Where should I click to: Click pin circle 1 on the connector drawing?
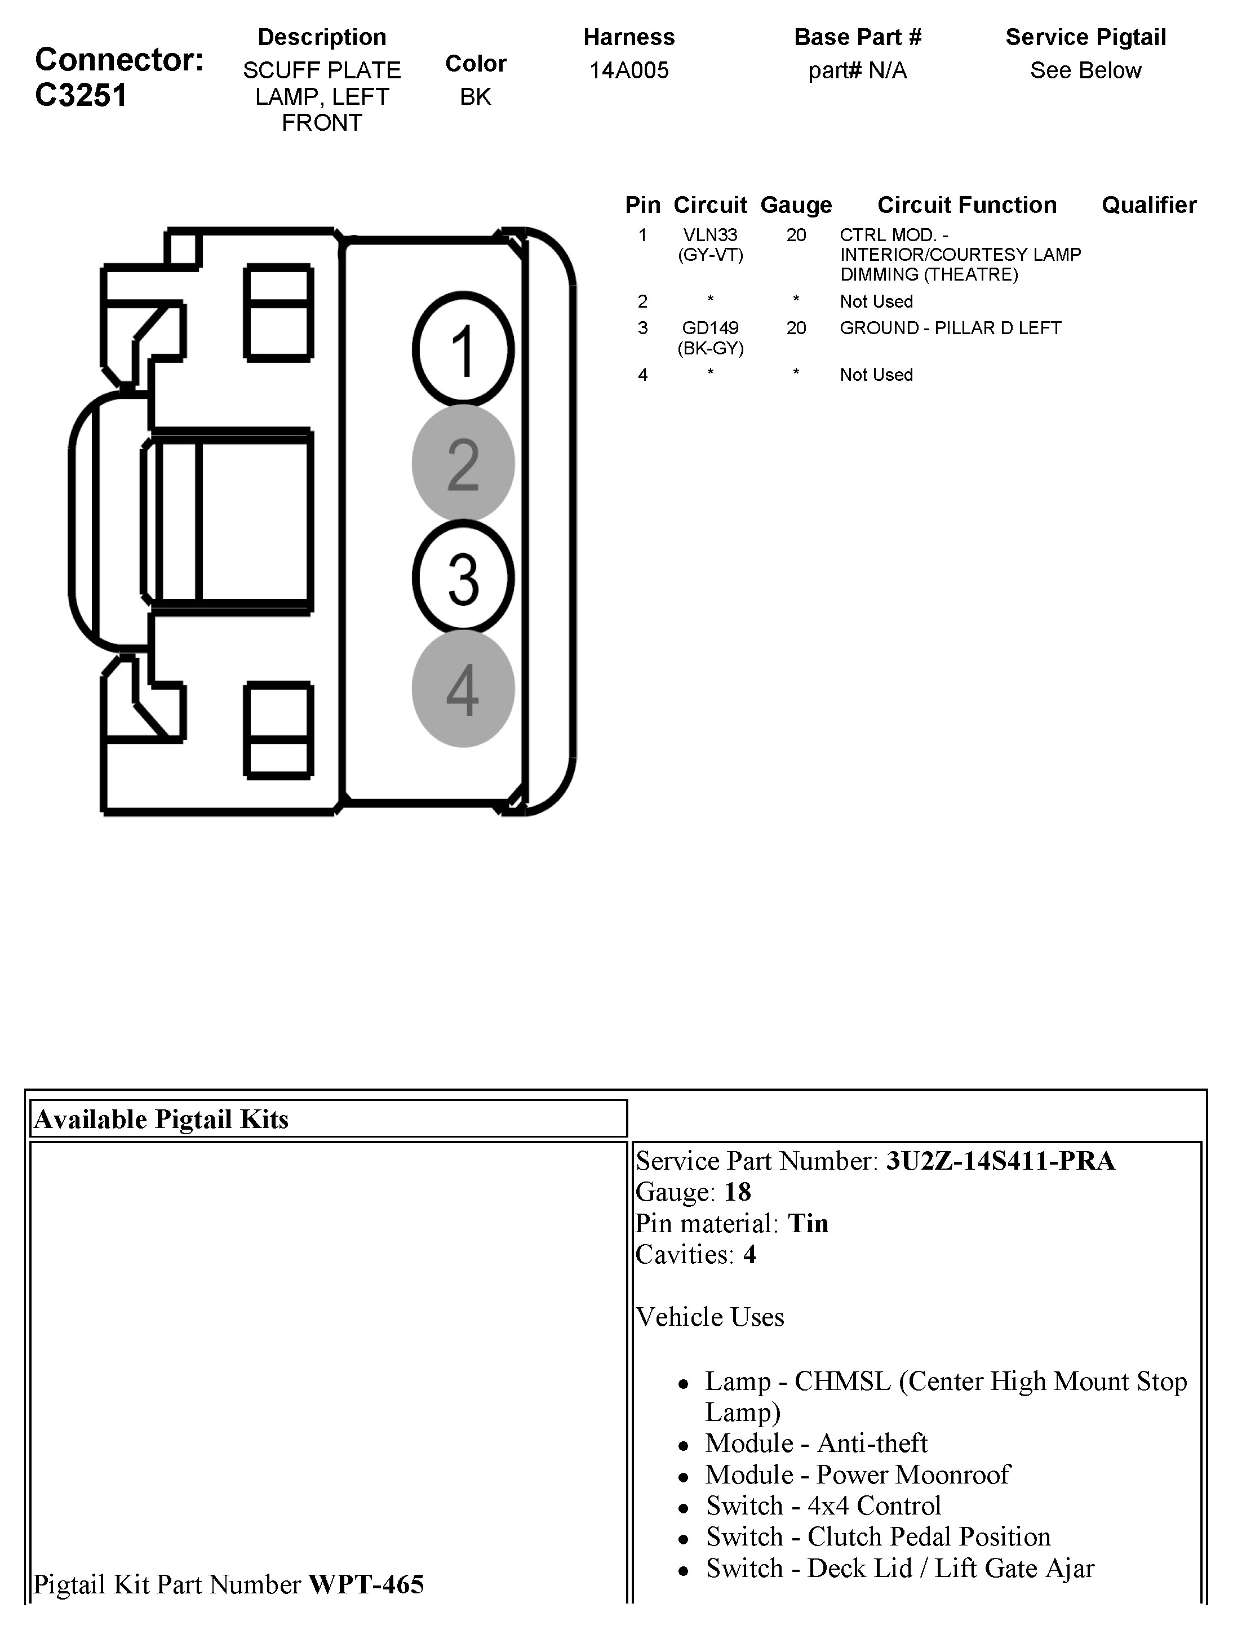[x=463, y=350]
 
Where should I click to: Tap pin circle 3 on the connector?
[x=463, y=578]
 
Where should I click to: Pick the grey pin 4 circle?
[x=463, y=690]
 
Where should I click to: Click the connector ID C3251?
[x=81, y=96]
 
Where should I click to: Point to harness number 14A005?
[x=629, y=71]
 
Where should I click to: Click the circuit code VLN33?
[x=709, y=235]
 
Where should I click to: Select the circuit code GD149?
[x=709, y=328]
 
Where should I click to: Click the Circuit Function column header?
[x=966, y=205]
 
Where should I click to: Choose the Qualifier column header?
[x=1148, y=205]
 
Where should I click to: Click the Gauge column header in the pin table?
[x=796, y=205]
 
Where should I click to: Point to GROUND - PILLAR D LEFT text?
[x=950, y=328]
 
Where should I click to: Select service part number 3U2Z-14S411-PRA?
[x=1000, y=1161]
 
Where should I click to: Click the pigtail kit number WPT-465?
[x=366, y=1584]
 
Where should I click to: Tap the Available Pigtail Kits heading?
[x=161, y=1120]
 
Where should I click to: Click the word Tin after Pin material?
[x=808, y=1223]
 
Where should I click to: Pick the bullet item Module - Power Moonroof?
[x=857, y=1474]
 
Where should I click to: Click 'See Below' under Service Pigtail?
[x=1085, y=71]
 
